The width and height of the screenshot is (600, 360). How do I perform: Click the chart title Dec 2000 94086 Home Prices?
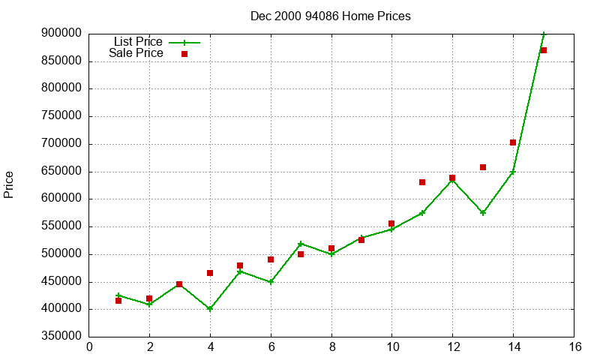[331, 16]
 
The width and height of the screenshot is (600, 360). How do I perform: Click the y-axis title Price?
[9, 184]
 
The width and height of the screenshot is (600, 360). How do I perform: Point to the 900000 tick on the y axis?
[61, 34]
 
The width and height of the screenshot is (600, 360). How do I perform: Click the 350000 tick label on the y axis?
[61, 337]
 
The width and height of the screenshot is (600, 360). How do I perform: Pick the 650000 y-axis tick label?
[61, 172]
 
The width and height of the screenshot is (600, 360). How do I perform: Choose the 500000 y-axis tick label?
[61, 254]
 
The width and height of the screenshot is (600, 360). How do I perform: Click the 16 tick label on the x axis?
[574, 346]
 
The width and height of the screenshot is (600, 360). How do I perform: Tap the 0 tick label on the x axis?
[90, 346]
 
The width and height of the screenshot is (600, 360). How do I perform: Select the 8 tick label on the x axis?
[331, 346]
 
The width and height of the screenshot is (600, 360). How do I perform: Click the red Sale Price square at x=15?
[544, 50]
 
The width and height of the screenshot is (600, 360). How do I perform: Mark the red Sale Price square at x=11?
[422, 182]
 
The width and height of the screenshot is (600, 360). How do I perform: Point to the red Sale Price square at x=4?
[210, 273]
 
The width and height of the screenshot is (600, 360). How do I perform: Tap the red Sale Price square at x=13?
[483, 167]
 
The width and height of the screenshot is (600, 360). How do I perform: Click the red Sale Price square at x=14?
[513, 142]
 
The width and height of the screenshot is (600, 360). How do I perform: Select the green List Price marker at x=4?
[210, 309]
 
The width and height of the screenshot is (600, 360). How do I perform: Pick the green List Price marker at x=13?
[483, 213]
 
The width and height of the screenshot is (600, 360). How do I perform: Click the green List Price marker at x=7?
[301, 244]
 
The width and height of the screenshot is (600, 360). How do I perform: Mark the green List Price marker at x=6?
[271, 282]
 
